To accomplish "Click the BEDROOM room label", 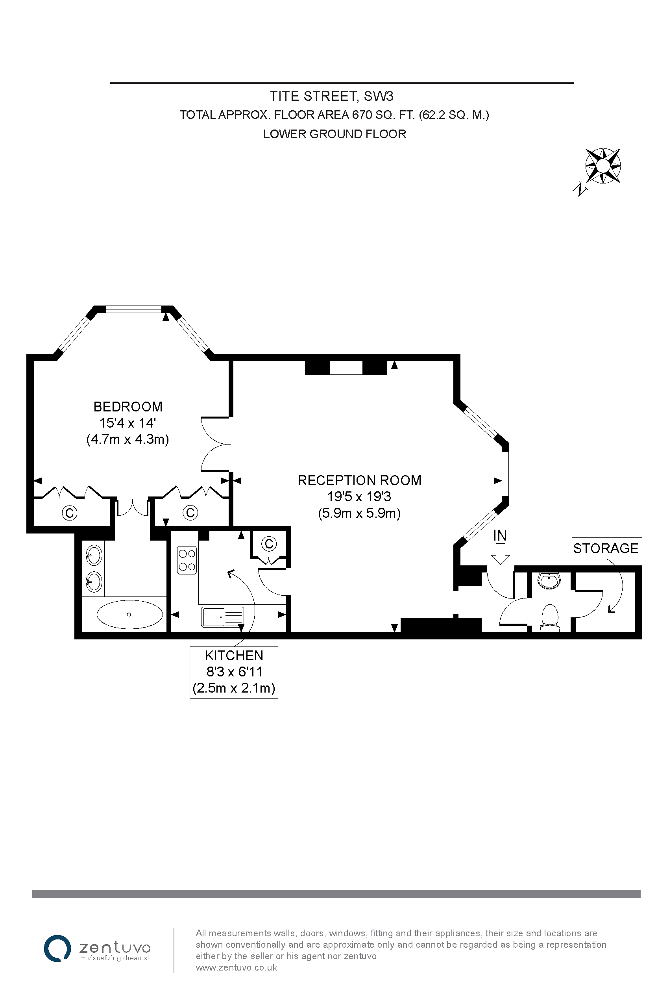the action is click(128, 406).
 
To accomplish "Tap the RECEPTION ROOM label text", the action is click(359, 480).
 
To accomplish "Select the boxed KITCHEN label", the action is click(234, 672).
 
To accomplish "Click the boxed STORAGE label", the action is click(606, 548).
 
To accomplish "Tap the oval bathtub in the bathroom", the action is click(130, 615).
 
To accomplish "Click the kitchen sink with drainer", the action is click(223, 617).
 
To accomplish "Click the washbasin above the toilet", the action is click(549, 580).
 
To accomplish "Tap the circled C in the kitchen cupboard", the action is click(269, 543).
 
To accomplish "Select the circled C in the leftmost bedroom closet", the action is click(70, 512).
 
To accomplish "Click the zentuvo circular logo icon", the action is click(57, 948).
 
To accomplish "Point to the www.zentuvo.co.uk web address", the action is click(237, 968).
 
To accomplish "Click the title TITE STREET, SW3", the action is click(331, 96).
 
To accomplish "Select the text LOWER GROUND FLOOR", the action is click(334, 134).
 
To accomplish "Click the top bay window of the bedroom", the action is click(133, 309).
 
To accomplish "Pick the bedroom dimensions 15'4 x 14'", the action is click(128, 423).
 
